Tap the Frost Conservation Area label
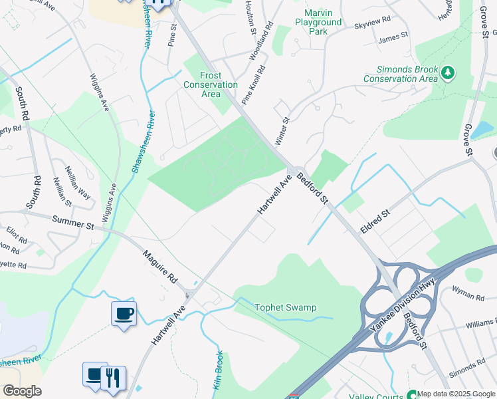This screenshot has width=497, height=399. [211, 85]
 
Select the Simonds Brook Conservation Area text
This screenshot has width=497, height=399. [401, 74]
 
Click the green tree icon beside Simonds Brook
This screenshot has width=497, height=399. [448, 72]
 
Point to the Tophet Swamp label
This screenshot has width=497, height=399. [286, 307]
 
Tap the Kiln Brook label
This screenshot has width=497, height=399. [219, 371]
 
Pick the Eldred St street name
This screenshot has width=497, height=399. [374, 221]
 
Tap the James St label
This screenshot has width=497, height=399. [389, 39]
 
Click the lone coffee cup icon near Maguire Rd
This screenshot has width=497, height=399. [124, 313]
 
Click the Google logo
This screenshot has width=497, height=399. [22, 391]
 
